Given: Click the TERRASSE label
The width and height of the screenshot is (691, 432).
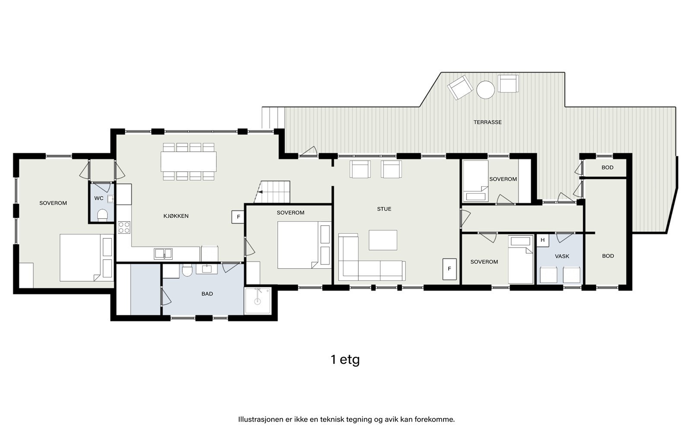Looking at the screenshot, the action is point(488,122).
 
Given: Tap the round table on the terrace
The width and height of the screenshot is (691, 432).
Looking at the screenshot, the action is point(485,90).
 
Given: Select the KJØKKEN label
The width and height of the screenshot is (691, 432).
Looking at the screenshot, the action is point(176,216).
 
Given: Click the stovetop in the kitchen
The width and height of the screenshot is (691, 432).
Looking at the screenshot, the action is point(124,227).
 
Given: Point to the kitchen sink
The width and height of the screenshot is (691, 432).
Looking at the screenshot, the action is point(163,254).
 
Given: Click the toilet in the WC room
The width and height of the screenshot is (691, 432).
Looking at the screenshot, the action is point(102,215).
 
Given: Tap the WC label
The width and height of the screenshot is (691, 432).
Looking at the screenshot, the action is point(99,198).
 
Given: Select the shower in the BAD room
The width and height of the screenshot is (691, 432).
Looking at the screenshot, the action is point(257,301).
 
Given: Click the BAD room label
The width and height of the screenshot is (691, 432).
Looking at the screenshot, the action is point(207,294).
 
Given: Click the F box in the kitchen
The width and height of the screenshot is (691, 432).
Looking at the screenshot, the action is point(238,217).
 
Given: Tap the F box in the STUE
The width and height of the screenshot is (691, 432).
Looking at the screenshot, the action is point(450,269).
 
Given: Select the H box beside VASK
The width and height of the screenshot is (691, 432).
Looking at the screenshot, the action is point(542,240).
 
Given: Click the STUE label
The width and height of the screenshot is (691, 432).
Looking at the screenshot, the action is point(384,209).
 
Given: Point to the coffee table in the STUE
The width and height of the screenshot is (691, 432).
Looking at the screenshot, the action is point(383,240).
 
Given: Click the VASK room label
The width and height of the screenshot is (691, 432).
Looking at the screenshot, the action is point(562,256).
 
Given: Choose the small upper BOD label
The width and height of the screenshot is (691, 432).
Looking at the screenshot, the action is point(607,168).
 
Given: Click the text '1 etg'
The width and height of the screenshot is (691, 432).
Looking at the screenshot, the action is point(345,360).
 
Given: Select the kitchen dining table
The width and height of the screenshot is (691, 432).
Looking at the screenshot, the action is point(188,162).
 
